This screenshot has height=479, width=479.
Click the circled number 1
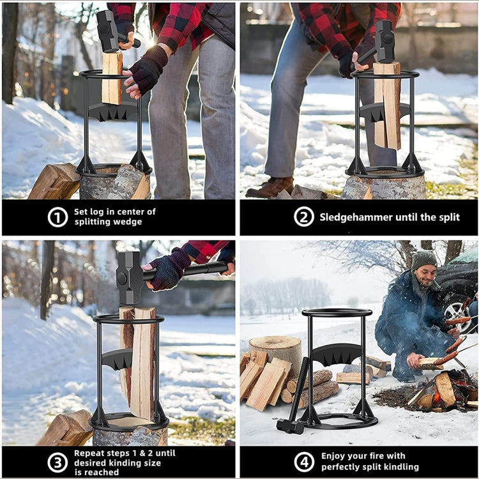pos(57,217)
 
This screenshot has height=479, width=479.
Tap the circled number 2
pos(303,217)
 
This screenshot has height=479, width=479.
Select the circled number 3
pos(57,462)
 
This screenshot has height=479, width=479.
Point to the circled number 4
pos(303,462)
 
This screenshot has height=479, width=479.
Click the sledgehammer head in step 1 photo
pos(107,31)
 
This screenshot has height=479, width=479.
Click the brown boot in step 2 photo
pos(270,188)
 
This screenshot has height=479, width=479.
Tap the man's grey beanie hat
pos(423,259)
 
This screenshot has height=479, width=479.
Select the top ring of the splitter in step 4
pos(337,313)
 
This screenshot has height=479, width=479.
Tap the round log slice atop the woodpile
pos(275,343)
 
